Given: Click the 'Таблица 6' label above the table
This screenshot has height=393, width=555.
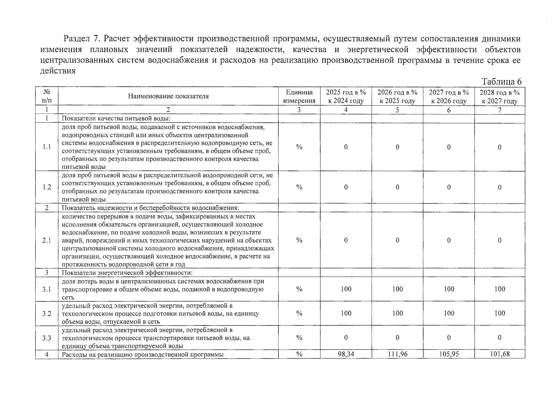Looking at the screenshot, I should pos(501,82).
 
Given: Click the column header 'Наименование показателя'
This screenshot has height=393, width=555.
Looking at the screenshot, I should pos(168,96).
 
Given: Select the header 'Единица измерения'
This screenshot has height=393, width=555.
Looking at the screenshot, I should pos(299,96).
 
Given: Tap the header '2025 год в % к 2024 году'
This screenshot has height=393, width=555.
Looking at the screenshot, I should pos(346,96).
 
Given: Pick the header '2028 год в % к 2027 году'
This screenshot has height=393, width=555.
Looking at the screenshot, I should pos(500,96).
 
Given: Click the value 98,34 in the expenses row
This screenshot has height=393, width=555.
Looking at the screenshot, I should pos(346,354).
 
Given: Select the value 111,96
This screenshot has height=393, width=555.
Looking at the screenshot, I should pos(397,354).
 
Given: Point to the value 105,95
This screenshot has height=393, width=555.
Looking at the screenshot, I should pos(449,354).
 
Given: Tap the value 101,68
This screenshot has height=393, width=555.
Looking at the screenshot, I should pos(500,354).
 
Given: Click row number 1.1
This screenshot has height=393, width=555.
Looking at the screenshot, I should pos(47,147).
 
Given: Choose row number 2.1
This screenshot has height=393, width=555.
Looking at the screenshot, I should pos(47,240).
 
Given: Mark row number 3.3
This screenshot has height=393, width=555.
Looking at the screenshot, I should pos(47,338).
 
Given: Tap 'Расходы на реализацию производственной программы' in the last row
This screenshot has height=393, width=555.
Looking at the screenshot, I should pos(143,354).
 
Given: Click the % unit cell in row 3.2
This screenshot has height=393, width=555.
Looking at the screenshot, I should pos(299,313).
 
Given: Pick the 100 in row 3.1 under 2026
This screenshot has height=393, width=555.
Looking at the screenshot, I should pos(397,289).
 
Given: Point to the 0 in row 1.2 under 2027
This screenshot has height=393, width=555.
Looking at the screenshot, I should pos(449,187).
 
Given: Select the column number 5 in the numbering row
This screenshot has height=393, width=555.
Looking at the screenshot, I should pos(397,110).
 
